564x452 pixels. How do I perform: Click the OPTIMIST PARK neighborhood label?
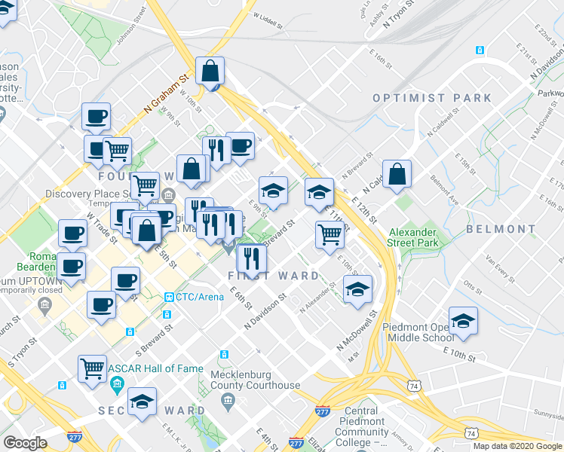click(431, 98)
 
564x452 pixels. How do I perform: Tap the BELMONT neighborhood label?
click(500, 228)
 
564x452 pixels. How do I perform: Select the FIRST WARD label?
click(274, 276)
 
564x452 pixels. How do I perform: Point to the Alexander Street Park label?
click(412, 238)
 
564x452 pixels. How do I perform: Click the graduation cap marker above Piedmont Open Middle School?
click(463, 322)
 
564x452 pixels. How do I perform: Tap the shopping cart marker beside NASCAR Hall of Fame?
click(92, 368)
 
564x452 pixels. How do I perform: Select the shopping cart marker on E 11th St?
click(330, 235)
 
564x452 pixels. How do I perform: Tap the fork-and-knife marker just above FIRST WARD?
click(251, 258)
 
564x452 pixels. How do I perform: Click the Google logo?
click(26, 443)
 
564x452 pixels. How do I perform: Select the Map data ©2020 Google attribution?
click(517, 446)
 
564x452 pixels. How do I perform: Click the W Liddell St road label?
click(267, 16)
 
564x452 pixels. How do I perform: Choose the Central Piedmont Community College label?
click(362, 426)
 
